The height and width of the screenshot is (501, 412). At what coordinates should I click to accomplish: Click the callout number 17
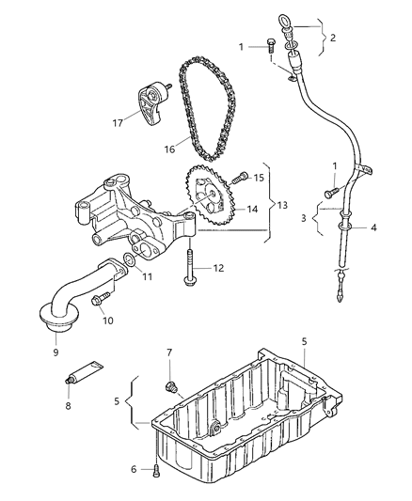coord(118,122)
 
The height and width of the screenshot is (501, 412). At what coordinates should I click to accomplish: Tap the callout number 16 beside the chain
coord(170,149)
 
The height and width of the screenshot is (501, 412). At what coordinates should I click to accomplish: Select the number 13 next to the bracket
coord(282,205)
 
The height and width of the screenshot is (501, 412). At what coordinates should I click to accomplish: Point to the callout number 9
coord(55,352)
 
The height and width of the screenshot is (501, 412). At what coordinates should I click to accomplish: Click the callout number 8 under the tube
coord(68,406)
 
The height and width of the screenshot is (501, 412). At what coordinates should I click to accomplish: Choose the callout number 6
coord(134,469)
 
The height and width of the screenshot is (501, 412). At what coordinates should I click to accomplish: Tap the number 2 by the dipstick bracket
coord(333,38)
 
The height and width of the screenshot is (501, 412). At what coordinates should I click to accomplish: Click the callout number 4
coord(373,227)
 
